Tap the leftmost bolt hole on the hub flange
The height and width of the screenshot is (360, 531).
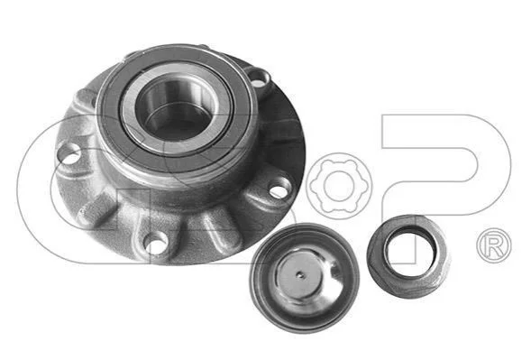69,154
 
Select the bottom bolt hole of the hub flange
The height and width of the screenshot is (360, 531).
156,243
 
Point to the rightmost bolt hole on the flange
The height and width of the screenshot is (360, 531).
280,189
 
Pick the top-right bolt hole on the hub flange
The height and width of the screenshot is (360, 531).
259,79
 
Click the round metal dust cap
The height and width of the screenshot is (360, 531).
304,278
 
